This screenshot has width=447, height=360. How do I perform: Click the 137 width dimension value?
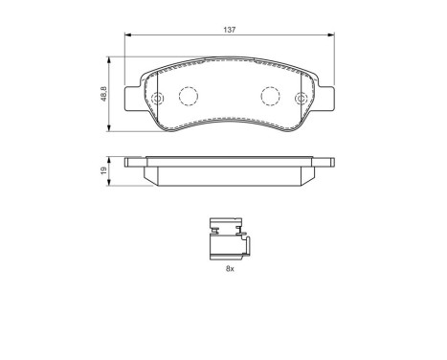231,30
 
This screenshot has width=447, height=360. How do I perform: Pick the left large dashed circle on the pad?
189,97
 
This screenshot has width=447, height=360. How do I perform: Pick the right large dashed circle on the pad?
271,97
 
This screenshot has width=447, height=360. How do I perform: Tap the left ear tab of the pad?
132,100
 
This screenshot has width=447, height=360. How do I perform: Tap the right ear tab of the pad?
328,100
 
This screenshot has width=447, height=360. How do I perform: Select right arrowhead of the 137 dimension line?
334,38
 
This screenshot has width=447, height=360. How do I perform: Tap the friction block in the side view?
231,174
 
